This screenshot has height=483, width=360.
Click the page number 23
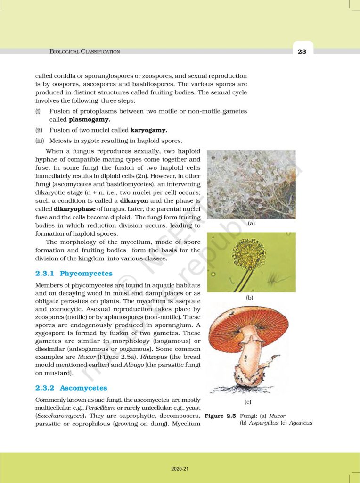coord(302,51)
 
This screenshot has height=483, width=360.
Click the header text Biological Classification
coord(85,51)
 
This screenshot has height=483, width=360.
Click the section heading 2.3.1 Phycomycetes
coord(74,273)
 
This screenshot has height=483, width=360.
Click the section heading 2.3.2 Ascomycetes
coord(71,388)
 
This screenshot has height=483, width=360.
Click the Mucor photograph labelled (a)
coord(251,184)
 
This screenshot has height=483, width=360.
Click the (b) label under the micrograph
coord(250,298)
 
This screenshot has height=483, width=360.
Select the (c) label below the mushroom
coord(247,402)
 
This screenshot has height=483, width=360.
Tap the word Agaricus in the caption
coord(301,423)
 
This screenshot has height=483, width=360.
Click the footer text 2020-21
coord(180,469)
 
